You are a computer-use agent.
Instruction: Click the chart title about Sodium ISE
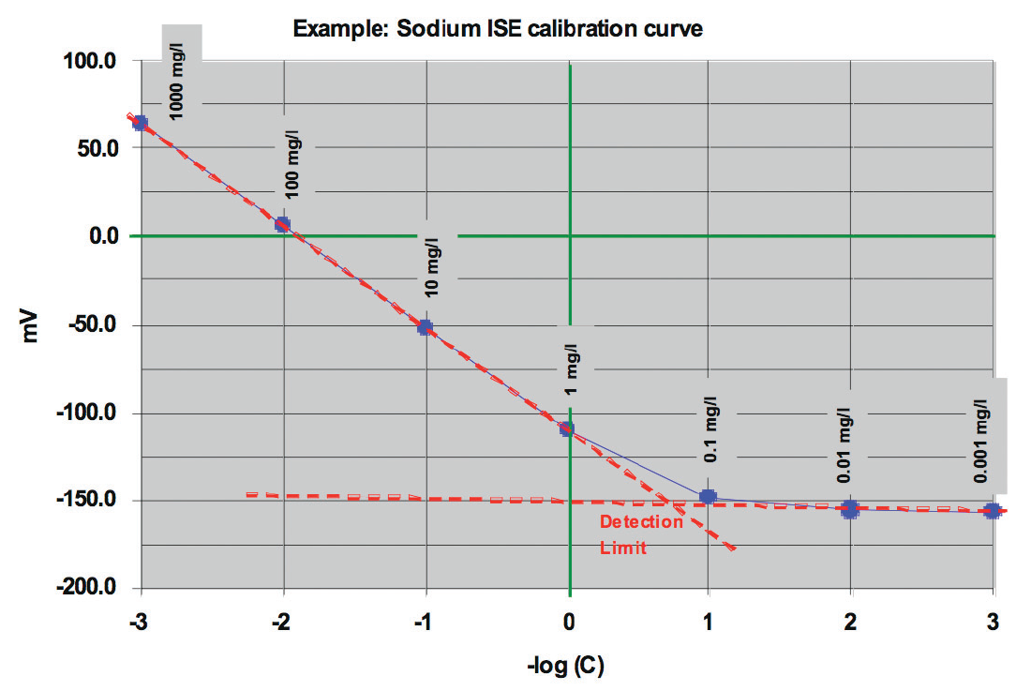tap(498, 28)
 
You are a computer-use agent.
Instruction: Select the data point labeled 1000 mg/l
tap(141, 123)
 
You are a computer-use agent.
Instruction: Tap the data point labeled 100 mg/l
tap(282, 224)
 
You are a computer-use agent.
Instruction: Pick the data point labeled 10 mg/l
tap(425, 327)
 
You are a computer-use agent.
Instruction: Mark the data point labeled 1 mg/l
tap(567, 428)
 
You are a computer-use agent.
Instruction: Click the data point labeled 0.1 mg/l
tap(709, 497)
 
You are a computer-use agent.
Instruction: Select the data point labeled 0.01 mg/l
tap(850, 509)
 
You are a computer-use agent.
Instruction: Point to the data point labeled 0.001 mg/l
tap(992, 511)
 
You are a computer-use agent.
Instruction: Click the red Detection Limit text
tap(629, 534)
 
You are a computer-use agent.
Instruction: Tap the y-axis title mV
tap(30, 326)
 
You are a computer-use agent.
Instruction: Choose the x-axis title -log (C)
tap(566, 668)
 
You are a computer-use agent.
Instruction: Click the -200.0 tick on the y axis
tap(88, 588)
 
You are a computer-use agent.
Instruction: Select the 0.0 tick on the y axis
tap(97, 236)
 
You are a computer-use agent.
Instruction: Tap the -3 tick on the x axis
tap(139, 622)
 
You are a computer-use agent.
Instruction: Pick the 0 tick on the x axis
tap(568, 622)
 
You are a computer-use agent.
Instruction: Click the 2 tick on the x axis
tap(851, 622)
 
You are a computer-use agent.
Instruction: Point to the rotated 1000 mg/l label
tap(177, 83)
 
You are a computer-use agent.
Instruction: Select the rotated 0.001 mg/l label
tap(980, 441)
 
